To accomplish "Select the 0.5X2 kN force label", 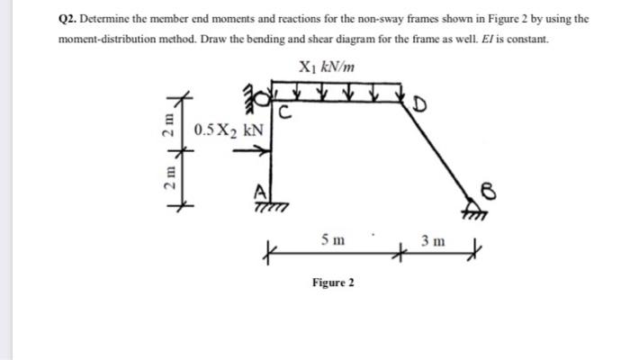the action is [229, 130].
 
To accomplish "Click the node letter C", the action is [283, 112].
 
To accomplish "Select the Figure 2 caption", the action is [333, 283].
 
